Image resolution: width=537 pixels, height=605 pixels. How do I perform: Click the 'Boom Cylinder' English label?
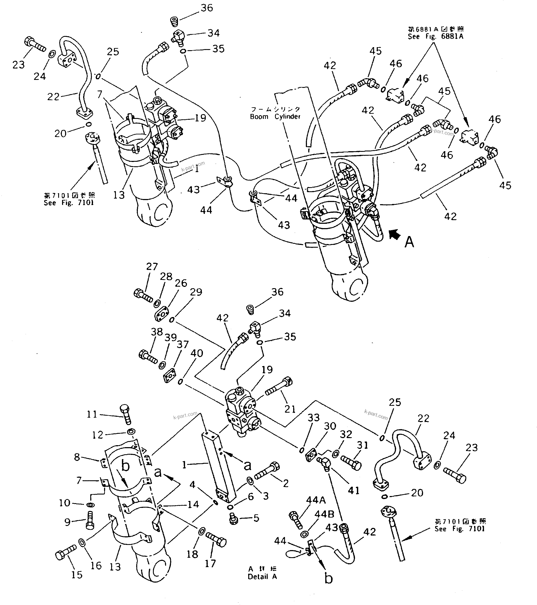(x=275, y=117)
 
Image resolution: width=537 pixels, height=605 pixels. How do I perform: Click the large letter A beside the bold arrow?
(x=409, y=242)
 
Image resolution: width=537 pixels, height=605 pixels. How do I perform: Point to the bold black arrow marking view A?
(x=394, y=235)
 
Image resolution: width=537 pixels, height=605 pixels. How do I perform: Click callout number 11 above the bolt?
(x=92, y=414)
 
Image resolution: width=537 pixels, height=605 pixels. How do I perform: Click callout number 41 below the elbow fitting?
(x=354, y=490)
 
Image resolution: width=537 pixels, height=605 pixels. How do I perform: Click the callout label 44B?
(x=324, y=514)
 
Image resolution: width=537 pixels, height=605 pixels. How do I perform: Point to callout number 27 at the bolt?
(x=152, y=266)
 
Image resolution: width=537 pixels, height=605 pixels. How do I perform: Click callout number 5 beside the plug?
(x=256, y=518)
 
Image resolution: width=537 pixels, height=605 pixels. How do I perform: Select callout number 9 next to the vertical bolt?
(x=67, y=522)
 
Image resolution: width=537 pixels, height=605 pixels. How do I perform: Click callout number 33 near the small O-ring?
(x=313, y=418)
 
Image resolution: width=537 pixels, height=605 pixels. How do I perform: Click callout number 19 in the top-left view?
(x=200, y=118)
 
